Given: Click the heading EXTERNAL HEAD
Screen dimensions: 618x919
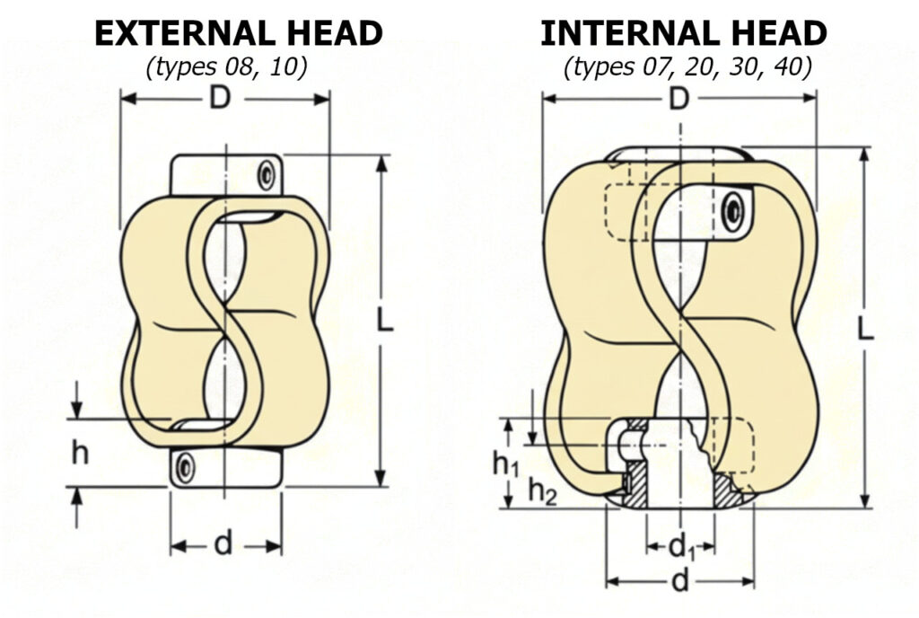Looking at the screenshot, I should click(238, 33).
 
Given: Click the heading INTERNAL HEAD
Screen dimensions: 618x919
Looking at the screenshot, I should click(683, 33).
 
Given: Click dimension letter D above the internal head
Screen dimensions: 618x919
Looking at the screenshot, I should click(679, 98).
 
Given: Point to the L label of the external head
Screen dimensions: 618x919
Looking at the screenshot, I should click(384, 322).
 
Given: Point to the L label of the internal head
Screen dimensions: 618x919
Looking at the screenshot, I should click(866, 330).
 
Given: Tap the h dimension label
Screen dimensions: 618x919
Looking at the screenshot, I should click(80, 454).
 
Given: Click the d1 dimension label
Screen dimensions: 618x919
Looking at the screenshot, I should click(682, 545).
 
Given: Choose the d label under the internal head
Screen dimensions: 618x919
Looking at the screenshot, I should click(680, 581).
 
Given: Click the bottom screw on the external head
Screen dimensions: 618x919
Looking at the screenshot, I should click(185, 467).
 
